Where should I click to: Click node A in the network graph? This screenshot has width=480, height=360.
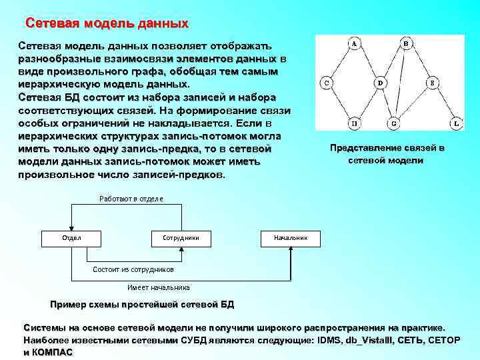tap(354, 43)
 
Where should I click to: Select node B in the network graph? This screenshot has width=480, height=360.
tap(406, 43)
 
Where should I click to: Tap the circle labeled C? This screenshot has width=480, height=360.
tap(327, 83)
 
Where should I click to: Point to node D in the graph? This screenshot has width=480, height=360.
tap(380, 83)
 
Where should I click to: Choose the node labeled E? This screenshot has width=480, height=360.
tap(433, 83)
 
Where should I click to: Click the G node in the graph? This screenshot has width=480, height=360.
tap(393, 123)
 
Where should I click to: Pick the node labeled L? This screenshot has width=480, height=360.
tap(457, 123)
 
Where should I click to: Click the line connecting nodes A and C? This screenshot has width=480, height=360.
tap(341, 63)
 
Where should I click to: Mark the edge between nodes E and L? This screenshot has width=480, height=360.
tap(445, 103)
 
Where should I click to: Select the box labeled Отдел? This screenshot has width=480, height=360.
tap(71, 237)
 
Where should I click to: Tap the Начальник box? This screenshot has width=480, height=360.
tap(291, 237)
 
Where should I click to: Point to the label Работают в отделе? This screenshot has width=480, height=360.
tap(131, 199)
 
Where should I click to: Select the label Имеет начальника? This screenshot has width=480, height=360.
tap(158, 287)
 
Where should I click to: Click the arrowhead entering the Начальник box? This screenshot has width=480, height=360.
tap(291, 247)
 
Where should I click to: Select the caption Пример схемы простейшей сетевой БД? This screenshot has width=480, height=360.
tap(142, 305)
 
